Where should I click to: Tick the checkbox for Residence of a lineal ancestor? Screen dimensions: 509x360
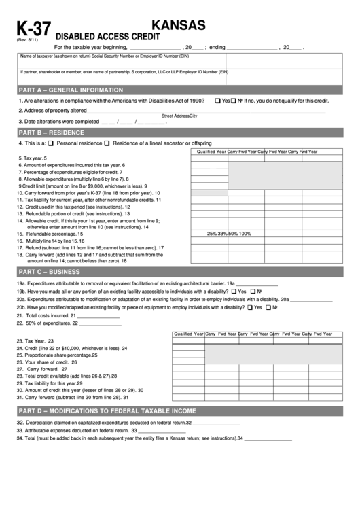pyautogui.click(x=107, y=143)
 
